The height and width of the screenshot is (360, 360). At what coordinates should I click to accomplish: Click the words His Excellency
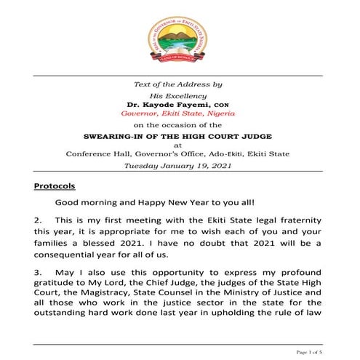(x=180, y=95)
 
